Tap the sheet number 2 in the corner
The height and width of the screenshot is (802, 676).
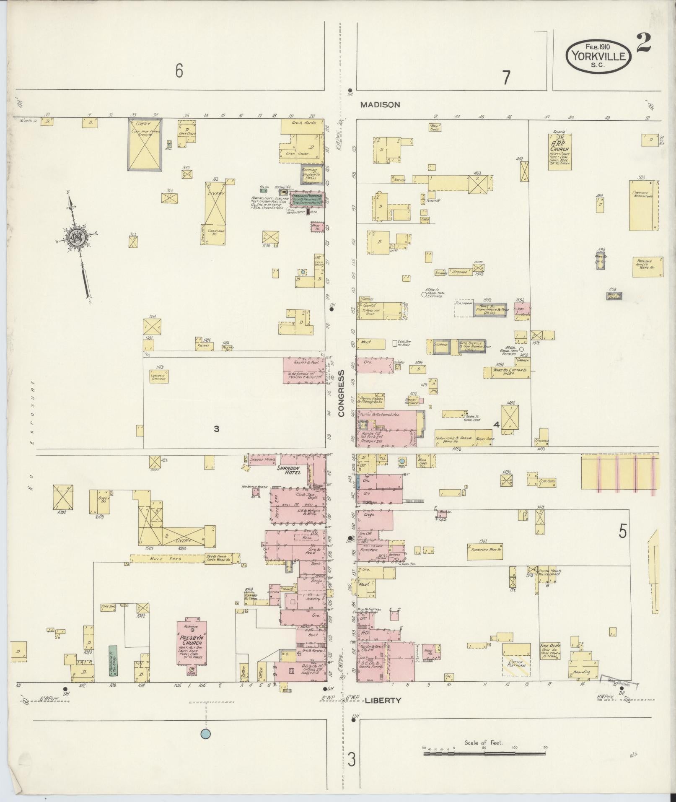click(643, 42)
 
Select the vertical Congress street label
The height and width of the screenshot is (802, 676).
click(341, 393)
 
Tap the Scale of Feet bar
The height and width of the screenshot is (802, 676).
click(484, 753)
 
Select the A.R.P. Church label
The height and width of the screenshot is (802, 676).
click(559, 146)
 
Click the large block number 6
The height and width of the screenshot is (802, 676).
click(179, 71)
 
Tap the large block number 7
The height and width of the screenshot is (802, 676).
click(506, 77)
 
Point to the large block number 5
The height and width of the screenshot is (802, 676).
click(622, 532)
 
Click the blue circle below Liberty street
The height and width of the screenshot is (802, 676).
click(205, 734)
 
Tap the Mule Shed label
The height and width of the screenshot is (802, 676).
click(163, 559)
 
